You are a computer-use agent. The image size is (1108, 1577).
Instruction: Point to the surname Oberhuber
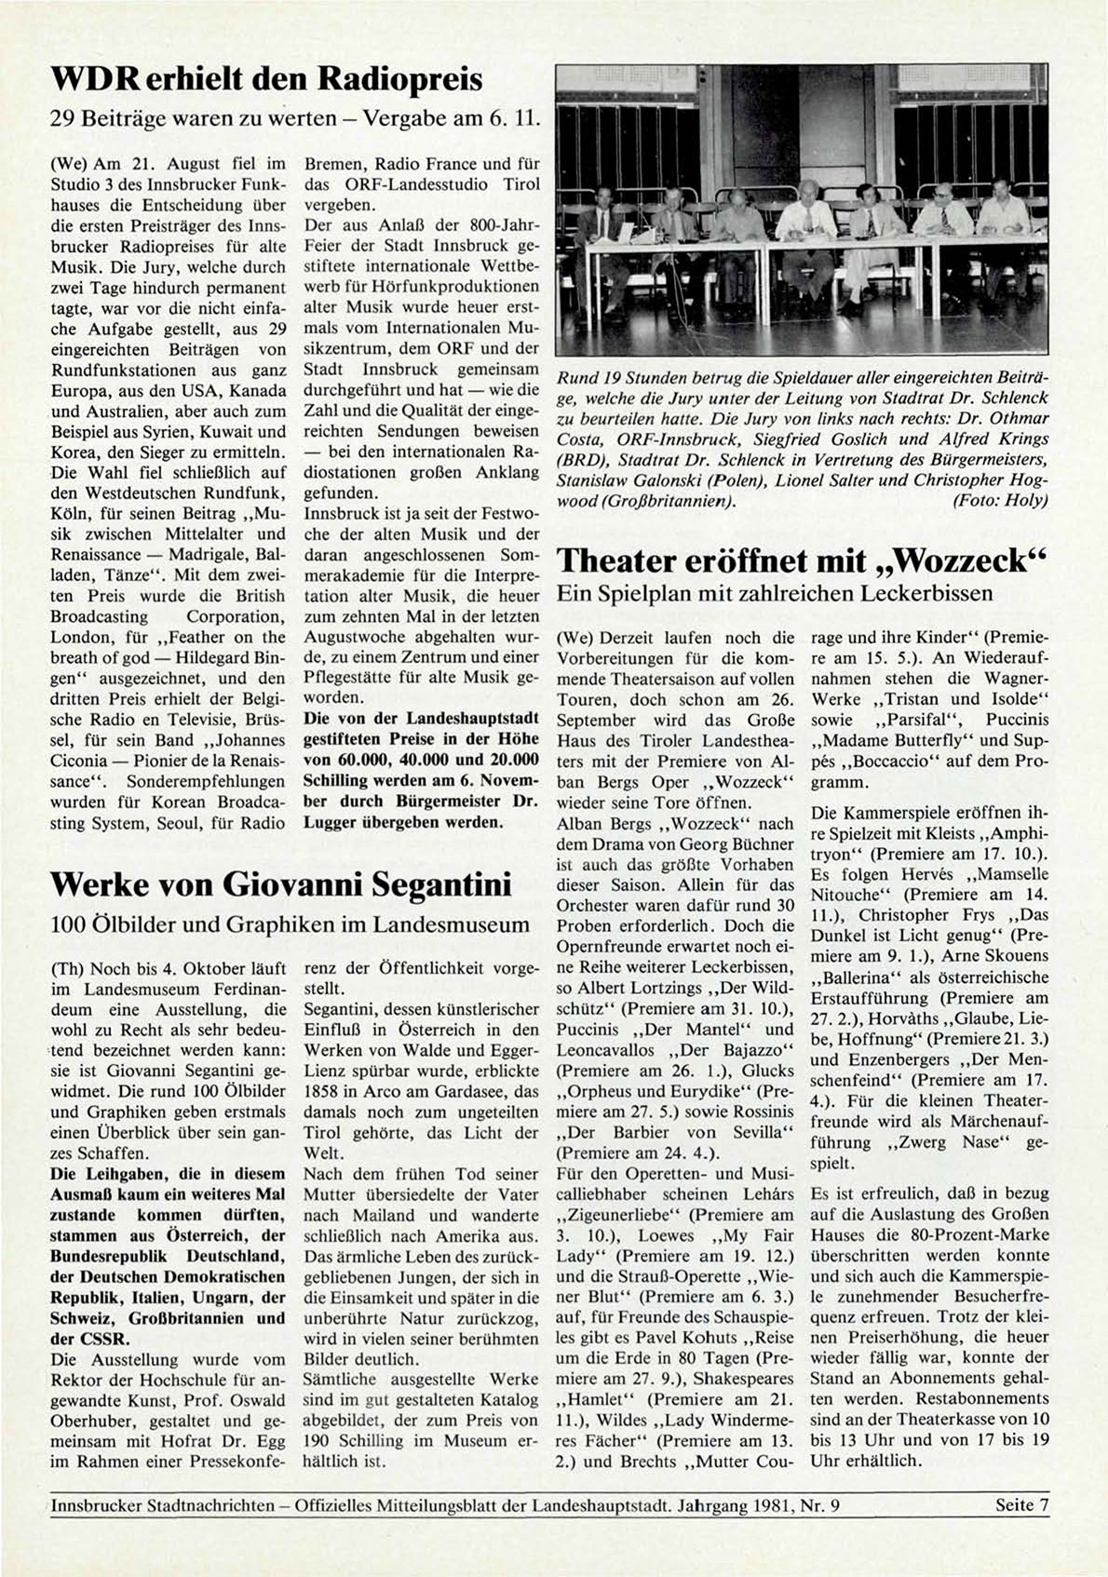(x=92, y=1420)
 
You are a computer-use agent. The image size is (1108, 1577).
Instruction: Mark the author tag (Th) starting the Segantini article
(x=64, y=968)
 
